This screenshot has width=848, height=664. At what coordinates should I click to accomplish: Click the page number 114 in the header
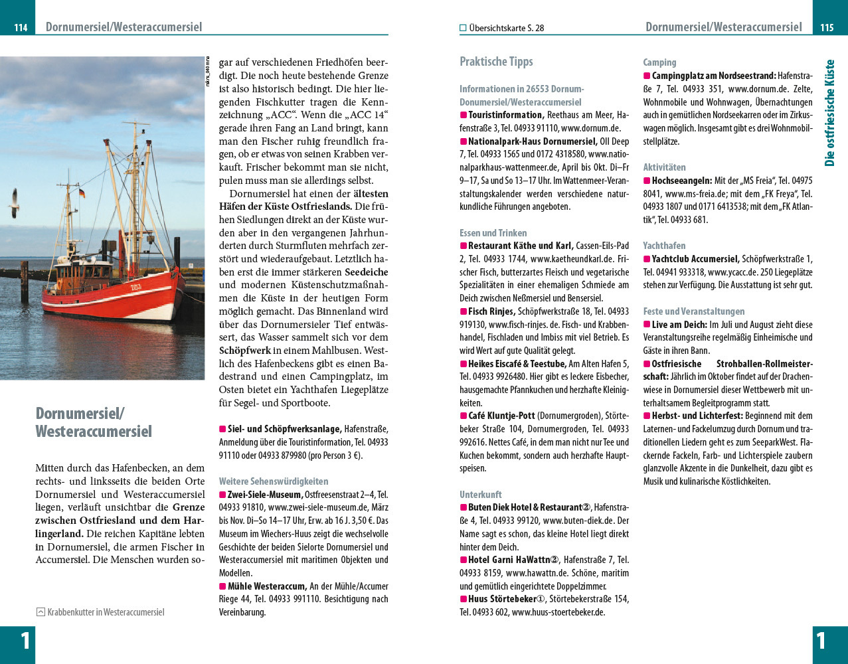(21, 28)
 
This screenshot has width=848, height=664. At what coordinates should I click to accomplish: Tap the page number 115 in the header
(827, 28)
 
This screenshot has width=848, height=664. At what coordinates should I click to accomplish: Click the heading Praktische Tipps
(496, 62)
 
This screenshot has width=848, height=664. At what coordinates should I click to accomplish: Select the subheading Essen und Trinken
(493, 233)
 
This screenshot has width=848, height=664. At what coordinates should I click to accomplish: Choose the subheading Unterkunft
(481, 495)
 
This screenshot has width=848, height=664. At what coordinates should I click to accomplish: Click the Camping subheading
(659, 62)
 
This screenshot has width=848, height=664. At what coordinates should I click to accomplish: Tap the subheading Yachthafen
(664, 246)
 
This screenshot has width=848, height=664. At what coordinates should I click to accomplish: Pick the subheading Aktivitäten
(664, 167)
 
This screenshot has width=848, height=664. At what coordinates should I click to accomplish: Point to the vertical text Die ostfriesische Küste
(829, 113)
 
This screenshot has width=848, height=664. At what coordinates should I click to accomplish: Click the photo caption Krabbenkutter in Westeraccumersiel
(105, 612)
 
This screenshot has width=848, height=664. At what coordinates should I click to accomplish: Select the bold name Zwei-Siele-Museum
(265, 495)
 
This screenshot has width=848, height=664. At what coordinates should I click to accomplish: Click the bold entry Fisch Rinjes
(491, 311)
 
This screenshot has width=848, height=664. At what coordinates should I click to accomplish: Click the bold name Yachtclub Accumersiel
(695, 259)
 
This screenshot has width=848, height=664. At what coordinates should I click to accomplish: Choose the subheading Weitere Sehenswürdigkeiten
(274, 481)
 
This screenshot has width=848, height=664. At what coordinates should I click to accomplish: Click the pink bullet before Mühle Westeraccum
(223, 586)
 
